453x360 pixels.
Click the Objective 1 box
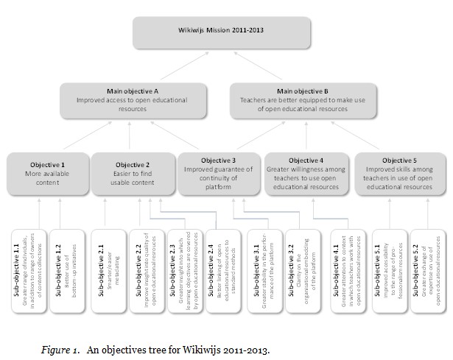tap(48, 172)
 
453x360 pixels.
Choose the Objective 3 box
tap(219, 174)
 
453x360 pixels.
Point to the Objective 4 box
tap(306, 174)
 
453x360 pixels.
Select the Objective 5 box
tap(398, 174)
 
